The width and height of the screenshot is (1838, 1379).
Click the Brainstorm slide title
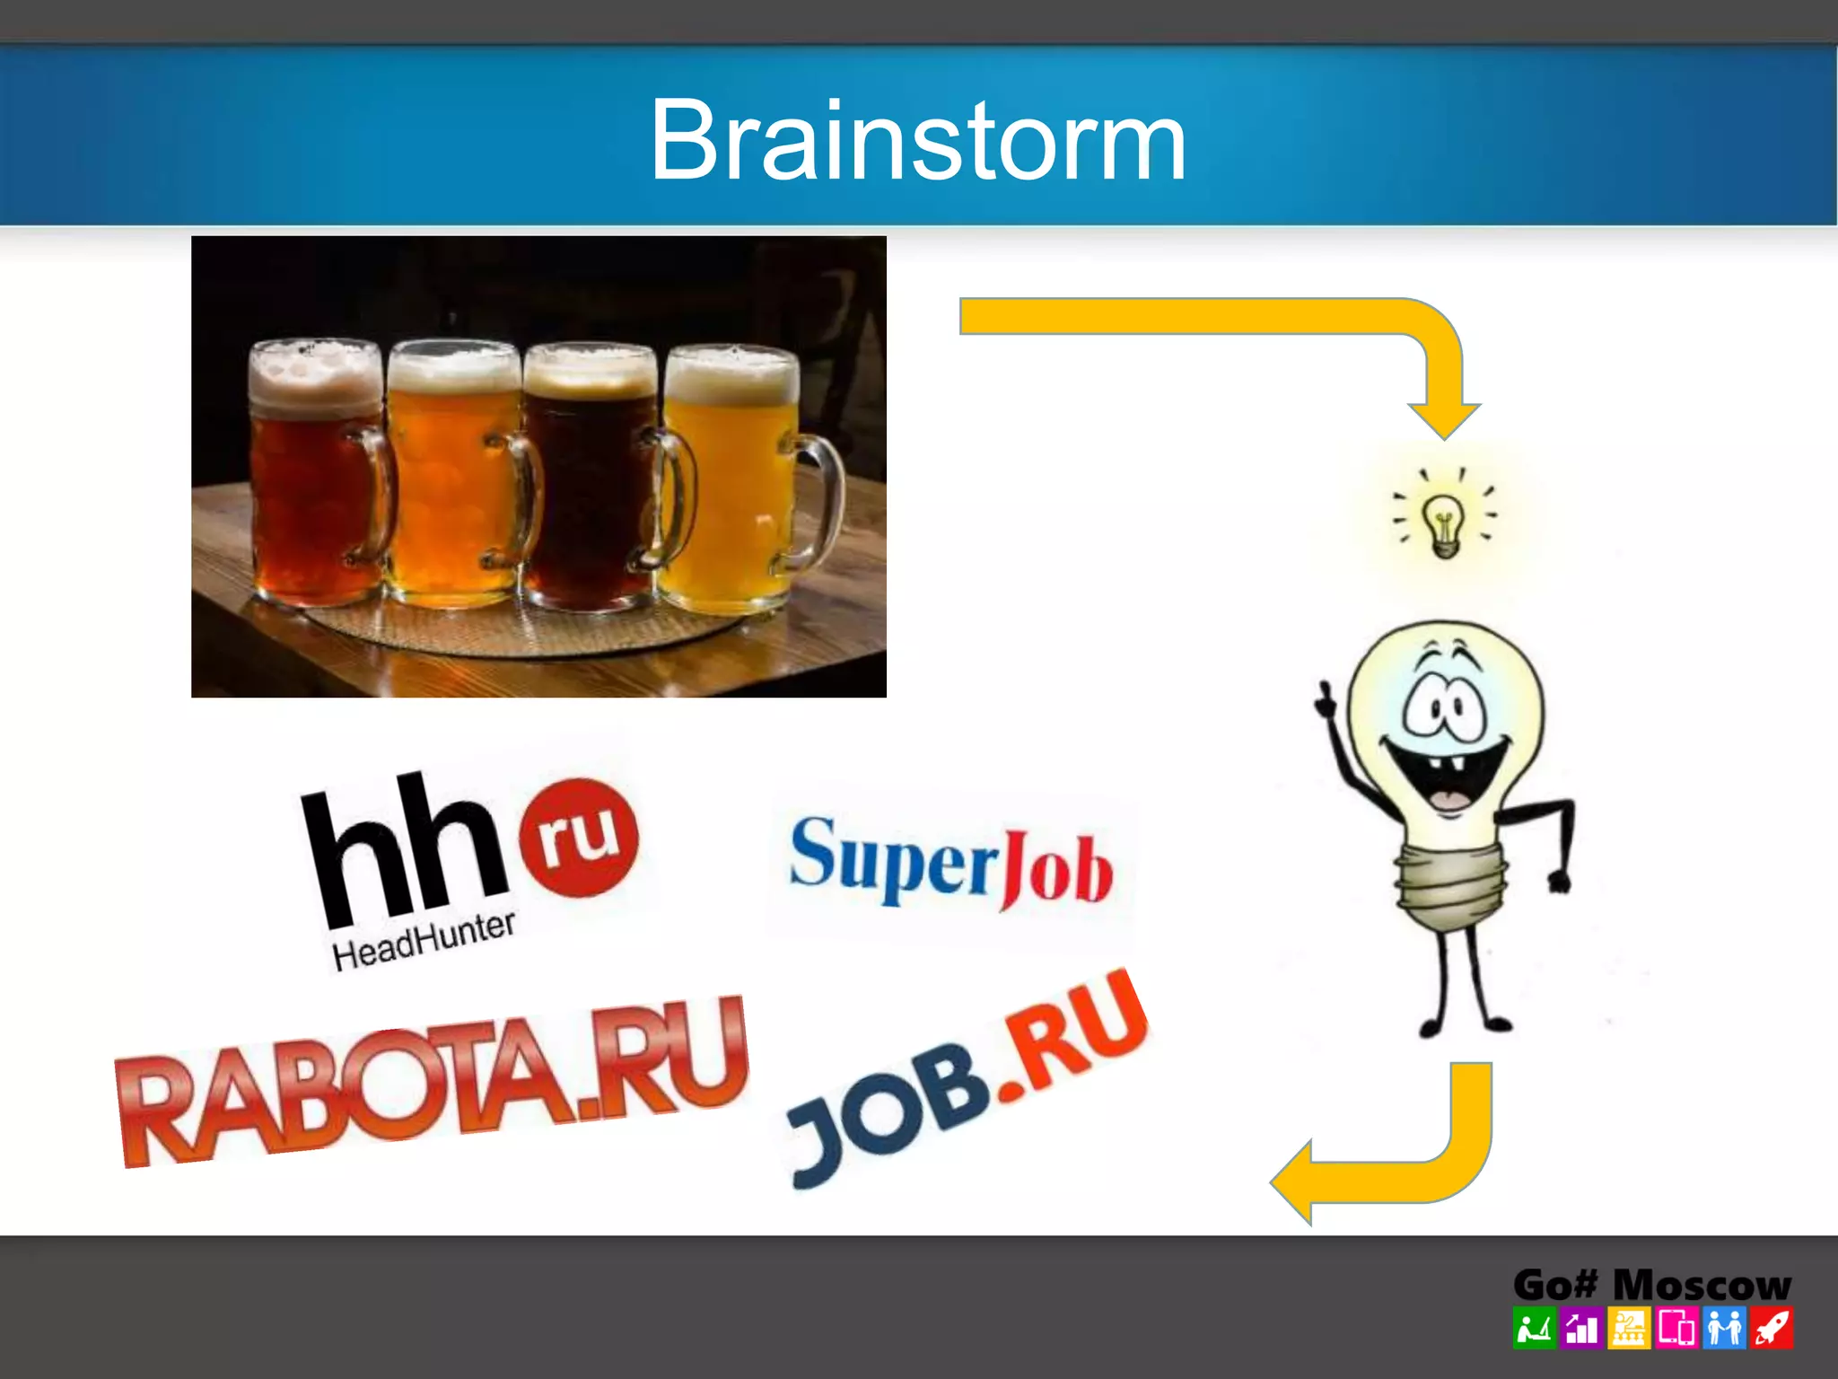[x=918, y=140]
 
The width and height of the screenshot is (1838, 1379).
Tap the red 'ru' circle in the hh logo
[x=580, y=837]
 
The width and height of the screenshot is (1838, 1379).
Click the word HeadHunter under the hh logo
[x=424, y=940]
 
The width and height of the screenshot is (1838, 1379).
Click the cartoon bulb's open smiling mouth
[x=1445, y=777]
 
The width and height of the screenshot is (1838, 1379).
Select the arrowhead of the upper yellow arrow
[x=1444, y=418]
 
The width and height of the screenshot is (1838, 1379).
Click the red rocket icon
[x=1772, y=1329]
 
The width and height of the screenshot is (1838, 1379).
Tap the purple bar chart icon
[x=1581, y=1329]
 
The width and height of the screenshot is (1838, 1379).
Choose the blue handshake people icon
[x=1724, y=1329]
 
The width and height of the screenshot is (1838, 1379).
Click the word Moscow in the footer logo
[x=1702, y=1286]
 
